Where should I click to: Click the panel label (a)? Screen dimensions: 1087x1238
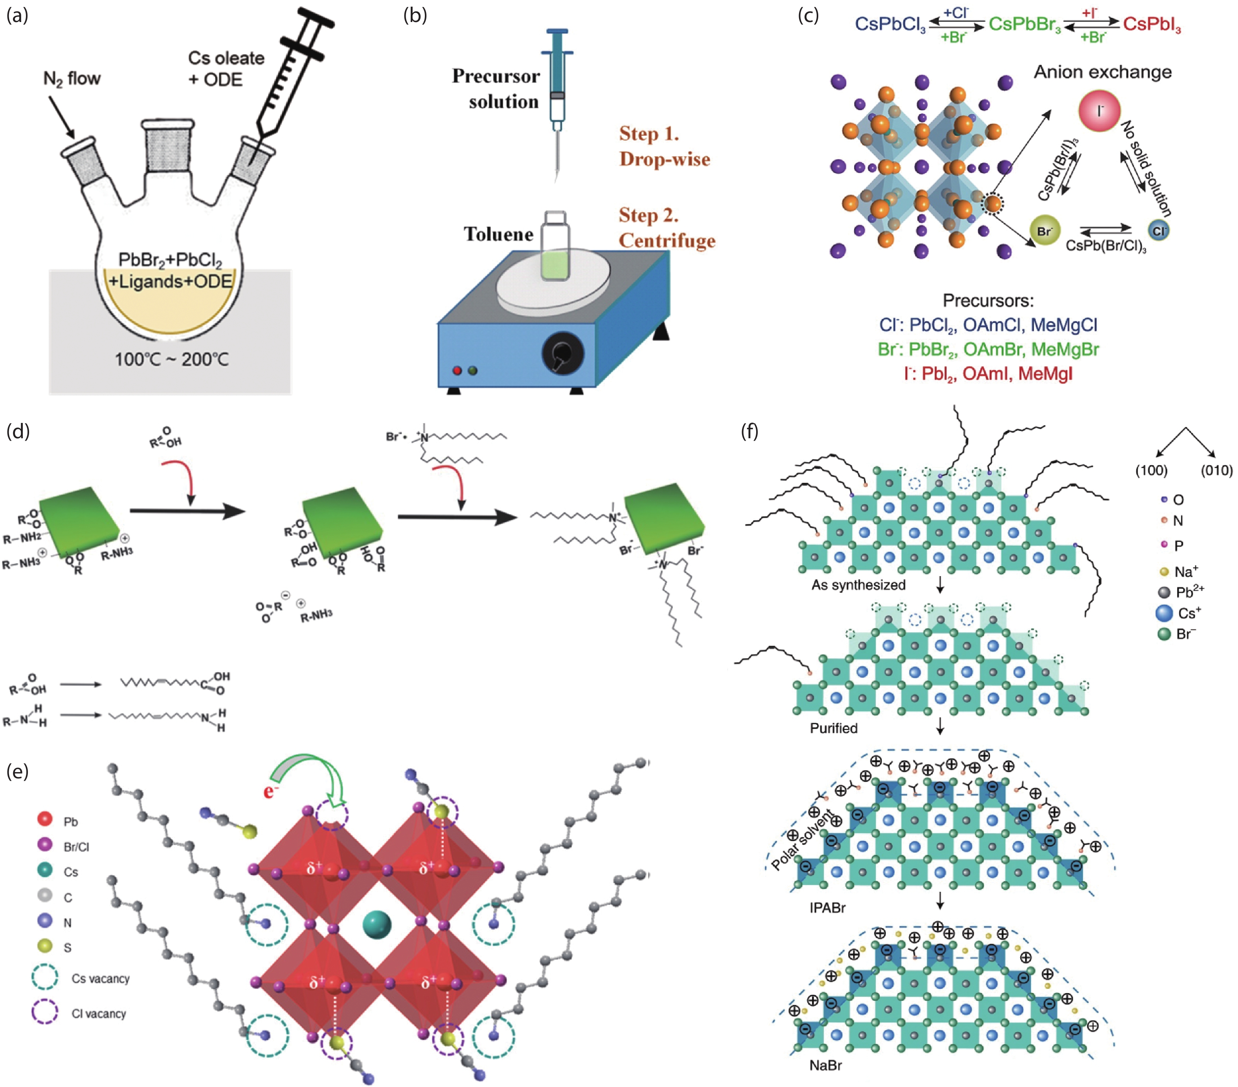[x=17, y=16]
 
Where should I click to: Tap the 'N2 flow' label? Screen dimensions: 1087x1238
[x=72, y=79]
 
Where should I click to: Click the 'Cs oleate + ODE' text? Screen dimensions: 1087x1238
[x=225, y=68]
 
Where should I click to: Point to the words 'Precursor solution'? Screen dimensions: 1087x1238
[x=496, y=88]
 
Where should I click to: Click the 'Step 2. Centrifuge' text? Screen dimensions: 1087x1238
[x=666, y=227]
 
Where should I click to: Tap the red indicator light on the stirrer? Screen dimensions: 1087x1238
[x=457, y=370]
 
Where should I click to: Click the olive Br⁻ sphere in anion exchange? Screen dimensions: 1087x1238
[x=1045, y=231]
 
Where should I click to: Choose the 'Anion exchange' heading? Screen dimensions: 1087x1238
[x=1102, y=72]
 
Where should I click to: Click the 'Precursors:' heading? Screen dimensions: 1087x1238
[x=988, y=301]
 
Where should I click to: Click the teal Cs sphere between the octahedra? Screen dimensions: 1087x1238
[x=377, y=924]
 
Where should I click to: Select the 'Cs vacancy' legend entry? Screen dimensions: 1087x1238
[x=100, y=979]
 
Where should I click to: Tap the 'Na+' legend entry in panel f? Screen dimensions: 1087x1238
[x=1185, y=572]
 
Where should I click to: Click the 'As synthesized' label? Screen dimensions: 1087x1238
[x=858, y=585]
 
